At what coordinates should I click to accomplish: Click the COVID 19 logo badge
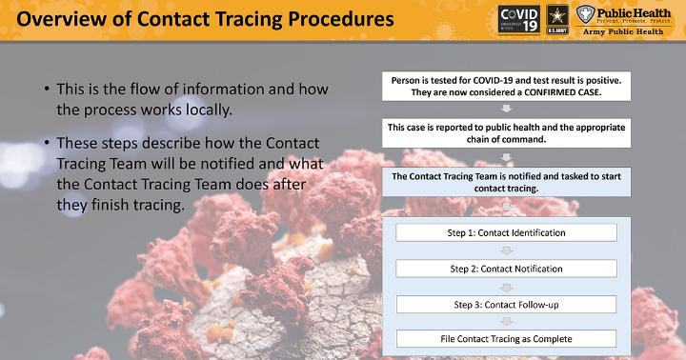coord(518,20)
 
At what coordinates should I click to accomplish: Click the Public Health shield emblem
coord(585,14)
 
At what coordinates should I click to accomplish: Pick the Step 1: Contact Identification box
coord(506,232)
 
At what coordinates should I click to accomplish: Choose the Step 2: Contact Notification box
coord(506,269)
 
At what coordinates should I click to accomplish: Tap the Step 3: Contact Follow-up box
coord(506,305)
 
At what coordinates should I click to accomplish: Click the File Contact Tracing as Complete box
coord(506,339)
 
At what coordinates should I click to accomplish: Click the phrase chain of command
coord(506,140)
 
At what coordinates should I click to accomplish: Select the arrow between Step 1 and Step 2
coord(506,250)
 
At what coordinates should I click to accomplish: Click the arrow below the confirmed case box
coord(506,109)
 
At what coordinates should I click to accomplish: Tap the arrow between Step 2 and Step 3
coord(506,288)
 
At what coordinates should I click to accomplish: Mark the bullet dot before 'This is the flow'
coord(47,89)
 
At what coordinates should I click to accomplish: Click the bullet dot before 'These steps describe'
coord(47,143)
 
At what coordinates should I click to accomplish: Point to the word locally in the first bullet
coord(209,110)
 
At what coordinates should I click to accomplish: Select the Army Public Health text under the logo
coord(623,31)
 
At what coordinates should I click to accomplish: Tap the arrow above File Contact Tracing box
coord(506,322)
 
